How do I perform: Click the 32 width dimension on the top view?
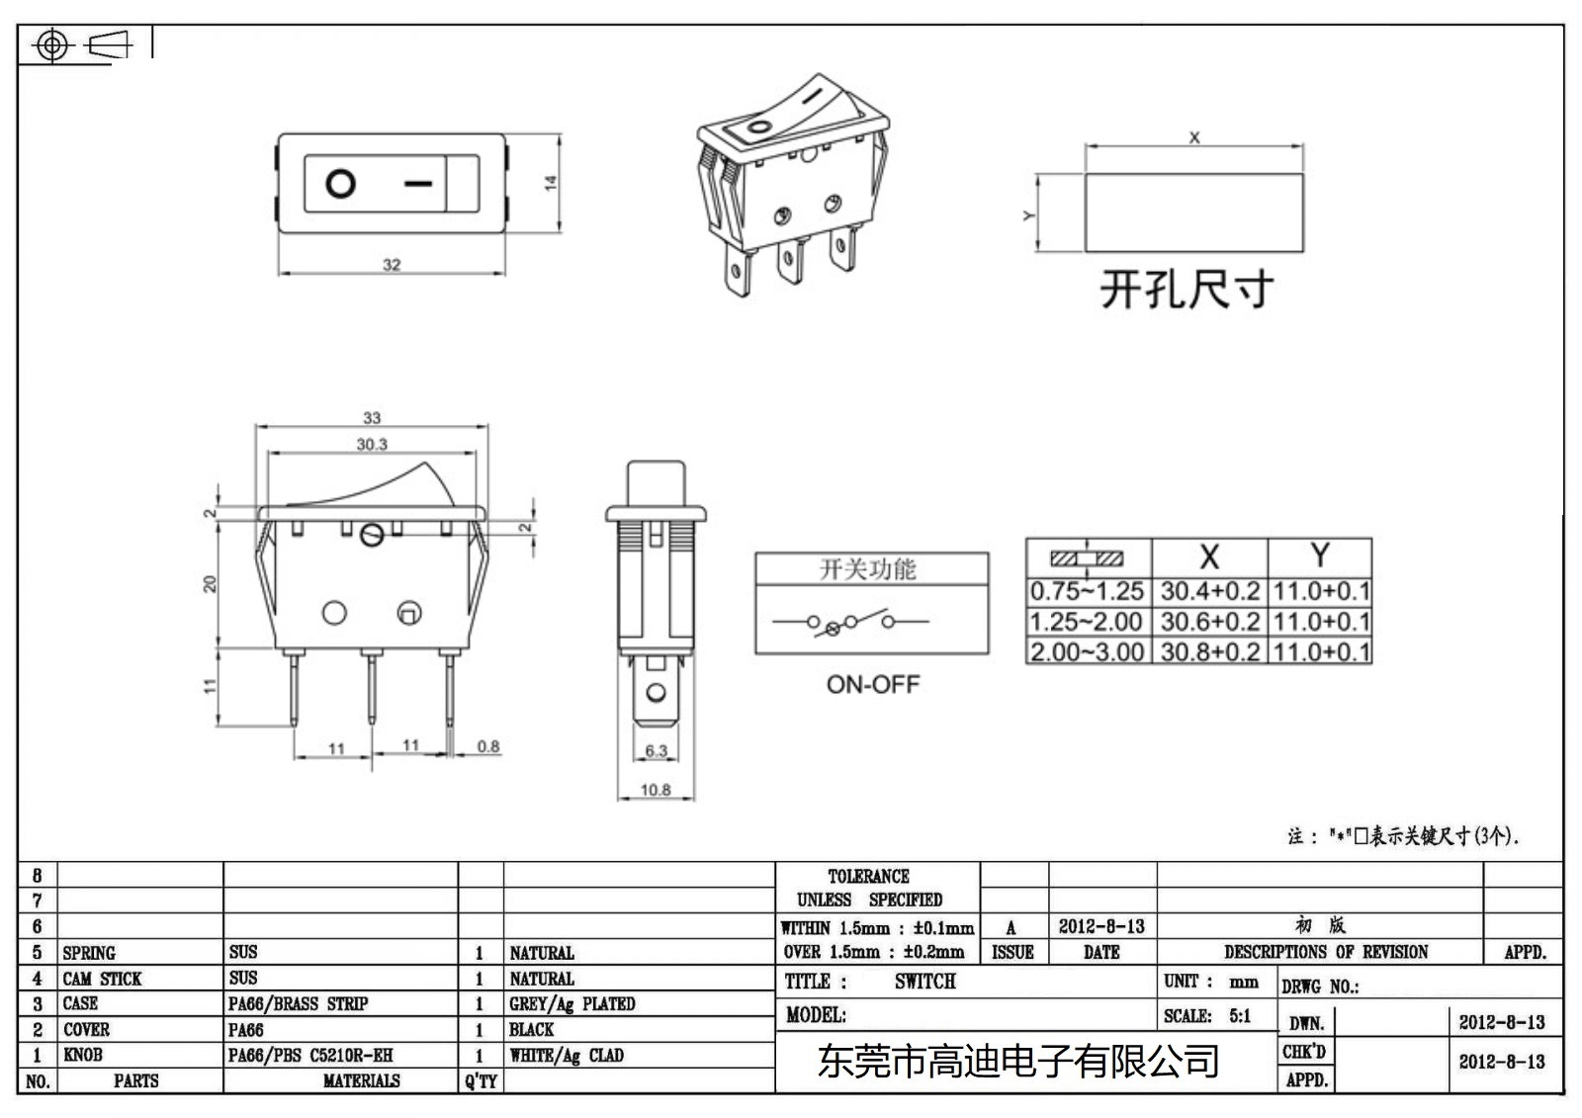[x=392, y=264]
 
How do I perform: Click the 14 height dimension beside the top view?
[x=551, y=183]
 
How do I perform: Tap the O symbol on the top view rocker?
[x=340, y=184]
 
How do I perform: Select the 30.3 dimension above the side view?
[x=372, y=445]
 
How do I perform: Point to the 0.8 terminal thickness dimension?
[x=488, y=746]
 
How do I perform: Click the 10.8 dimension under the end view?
[x=656, y=790]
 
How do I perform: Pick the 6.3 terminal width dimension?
[x=657, y=751]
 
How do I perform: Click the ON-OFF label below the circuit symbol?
[x=873, y=684]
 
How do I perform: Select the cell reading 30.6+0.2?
[x=1209, y=622]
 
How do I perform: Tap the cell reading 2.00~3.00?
[x=1087, y=652]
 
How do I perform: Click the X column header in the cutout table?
[x=1208, y=557]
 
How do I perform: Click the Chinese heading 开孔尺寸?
[x=1186, y=290]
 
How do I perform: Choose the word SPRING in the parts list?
[x=89, y=953]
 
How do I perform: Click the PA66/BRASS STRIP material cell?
[x=298, y=1004]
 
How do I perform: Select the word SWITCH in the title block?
[x=925, y=982]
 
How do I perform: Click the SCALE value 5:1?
[x=1240, y=1016]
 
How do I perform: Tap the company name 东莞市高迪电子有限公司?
[x=1018, y=1062]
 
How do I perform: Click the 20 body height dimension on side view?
[x=210, y=583]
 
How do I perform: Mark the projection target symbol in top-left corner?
[x=52, y=45]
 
